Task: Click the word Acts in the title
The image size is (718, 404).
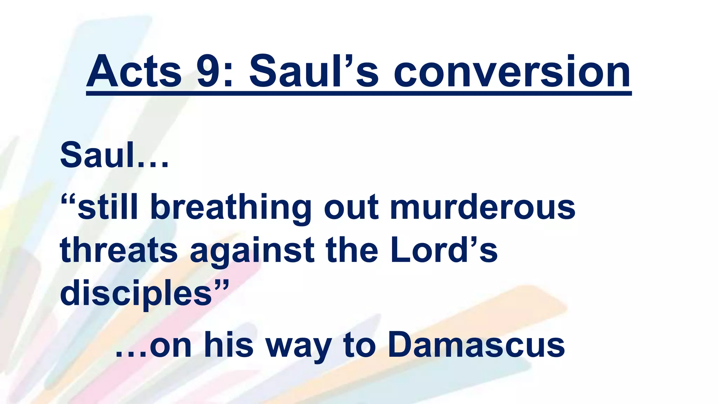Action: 134,72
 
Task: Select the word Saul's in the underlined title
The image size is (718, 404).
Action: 314,72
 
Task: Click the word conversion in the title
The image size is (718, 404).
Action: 512,72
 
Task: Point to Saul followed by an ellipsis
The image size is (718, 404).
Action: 114,155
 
